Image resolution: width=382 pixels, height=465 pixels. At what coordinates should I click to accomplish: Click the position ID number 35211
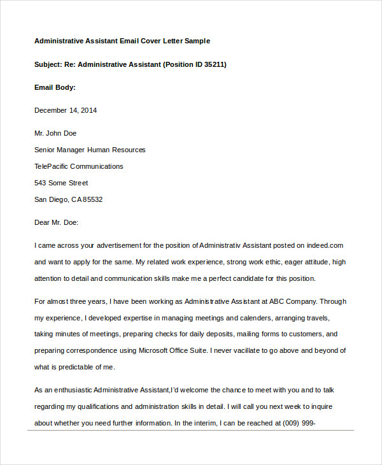214,64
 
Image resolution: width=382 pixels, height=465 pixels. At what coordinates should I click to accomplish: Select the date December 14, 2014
66,110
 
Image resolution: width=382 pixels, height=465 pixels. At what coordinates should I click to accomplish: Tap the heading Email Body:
55,87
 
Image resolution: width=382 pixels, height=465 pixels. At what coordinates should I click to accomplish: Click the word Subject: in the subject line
48,64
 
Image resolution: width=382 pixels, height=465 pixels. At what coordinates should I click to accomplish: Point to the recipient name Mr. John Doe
55,133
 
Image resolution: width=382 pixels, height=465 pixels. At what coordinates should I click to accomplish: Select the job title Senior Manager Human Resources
90,150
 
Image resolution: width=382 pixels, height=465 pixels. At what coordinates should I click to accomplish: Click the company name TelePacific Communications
78,166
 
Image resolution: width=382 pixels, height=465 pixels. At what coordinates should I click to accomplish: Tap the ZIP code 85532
92,199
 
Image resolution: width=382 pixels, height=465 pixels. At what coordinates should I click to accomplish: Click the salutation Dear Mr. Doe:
55,222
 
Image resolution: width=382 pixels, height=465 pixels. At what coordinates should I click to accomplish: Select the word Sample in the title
197,41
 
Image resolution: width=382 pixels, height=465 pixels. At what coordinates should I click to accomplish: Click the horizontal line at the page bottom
191,430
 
